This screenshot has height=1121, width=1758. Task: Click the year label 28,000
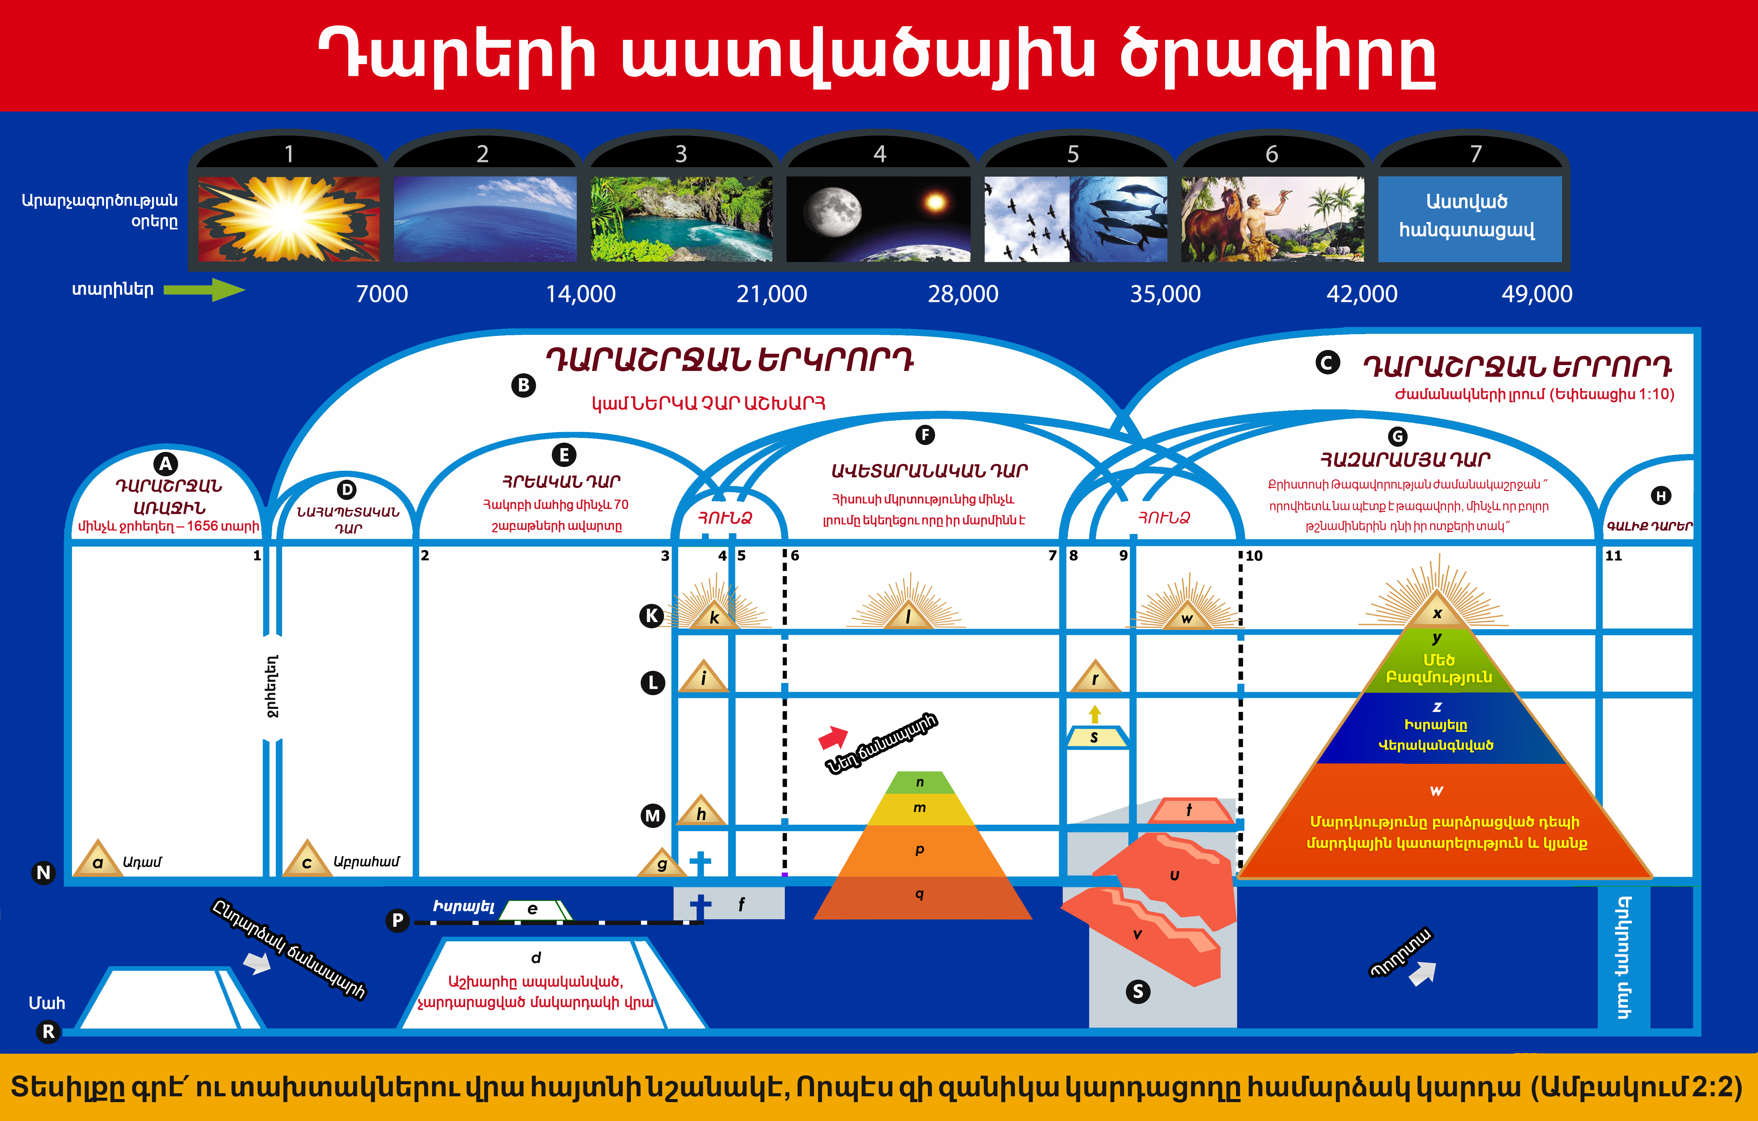963,294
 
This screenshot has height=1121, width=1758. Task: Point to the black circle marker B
523,385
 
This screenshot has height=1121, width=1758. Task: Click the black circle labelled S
1138,991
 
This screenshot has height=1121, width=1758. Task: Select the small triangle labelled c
307,858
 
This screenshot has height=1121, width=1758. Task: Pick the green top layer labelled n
920,782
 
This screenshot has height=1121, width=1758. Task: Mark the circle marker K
652,616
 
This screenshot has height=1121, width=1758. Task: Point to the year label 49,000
1537,294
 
